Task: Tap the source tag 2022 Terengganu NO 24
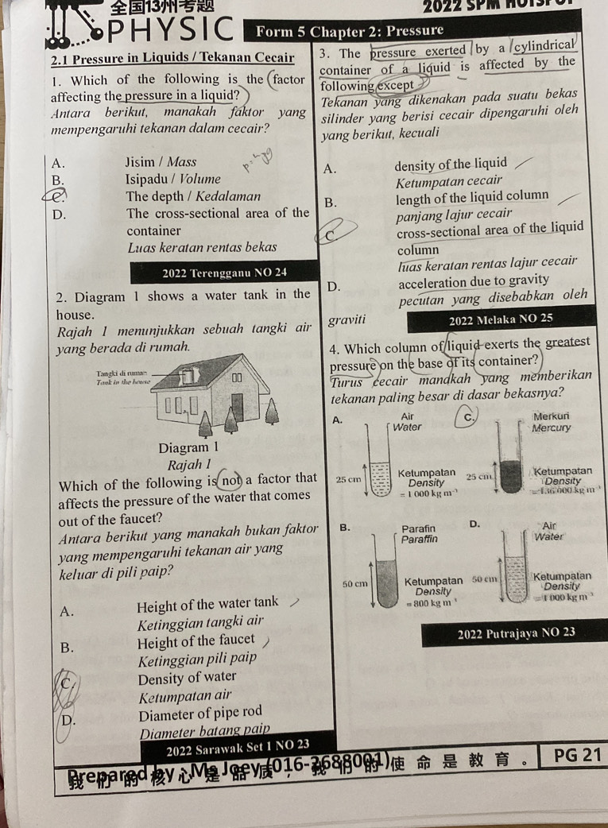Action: click(x=224, y=273)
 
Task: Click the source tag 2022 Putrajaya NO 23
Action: click(x=516, y=633)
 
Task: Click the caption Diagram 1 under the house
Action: click(x=188, y=448)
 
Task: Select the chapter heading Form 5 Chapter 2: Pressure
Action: click(x=350, y=32)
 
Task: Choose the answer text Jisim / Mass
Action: click(x=161, y=162)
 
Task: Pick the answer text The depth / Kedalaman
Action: click(x=193, y=196)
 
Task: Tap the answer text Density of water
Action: click(x=187, y=677)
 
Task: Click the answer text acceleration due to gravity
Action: click(x=474, y=281)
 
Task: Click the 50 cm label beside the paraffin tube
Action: click(x=354, y=584)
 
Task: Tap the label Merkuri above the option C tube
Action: click(x=552, y=416)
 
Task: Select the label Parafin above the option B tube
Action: click(x=419, y=528)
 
